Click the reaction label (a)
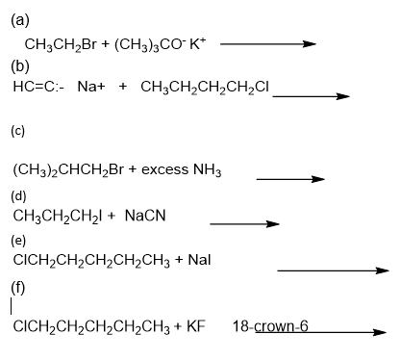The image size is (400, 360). pyautogui.click(x=20, y=21)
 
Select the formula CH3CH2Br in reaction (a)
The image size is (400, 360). pyautogui.click(x=61, y=44)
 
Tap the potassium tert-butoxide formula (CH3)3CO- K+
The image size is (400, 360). pyautogui.click(x=161, y=44)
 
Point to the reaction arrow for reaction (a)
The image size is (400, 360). pyautogui.click(x=268, y=44)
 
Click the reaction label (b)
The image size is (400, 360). pyautogui.click(x=20, y=66)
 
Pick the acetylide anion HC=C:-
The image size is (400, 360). pyautogui.click(x=38, y=87)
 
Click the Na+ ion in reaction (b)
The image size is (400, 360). pyautogui.click(x=91, y=87)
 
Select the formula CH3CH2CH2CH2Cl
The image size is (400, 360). pyautogui.click(x=205, y=88)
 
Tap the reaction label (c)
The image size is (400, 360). pyautogui.click(x=17, y=131)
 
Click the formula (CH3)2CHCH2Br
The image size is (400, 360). pyautogui.click(x=68, y=169)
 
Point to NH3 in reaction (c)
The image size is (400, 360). pyautogui.click(x=207, y=170)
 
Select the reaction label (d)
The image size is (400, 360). pyautogui.click(x=18, y=196)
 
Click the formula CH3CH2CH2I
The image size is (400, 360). pyautogui.click(x=58, y=216)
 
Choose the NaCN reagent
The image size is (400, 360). pyautogui.click(x=145, y=216)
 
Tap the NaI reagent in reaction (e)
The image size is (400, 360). pyautogui.click(x=199, y=260)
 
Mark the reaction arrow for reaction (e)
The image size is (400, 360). pyautogui.click(x=333, y=270)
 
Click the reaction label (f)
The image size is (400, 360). pyautogui.click(x=18, y=287)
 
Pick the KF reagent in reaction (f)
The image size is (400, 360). pyautogui.click(x=196, y=326)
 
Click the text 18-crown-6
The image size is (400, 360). pyautogui.click(x=270, y=326)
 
